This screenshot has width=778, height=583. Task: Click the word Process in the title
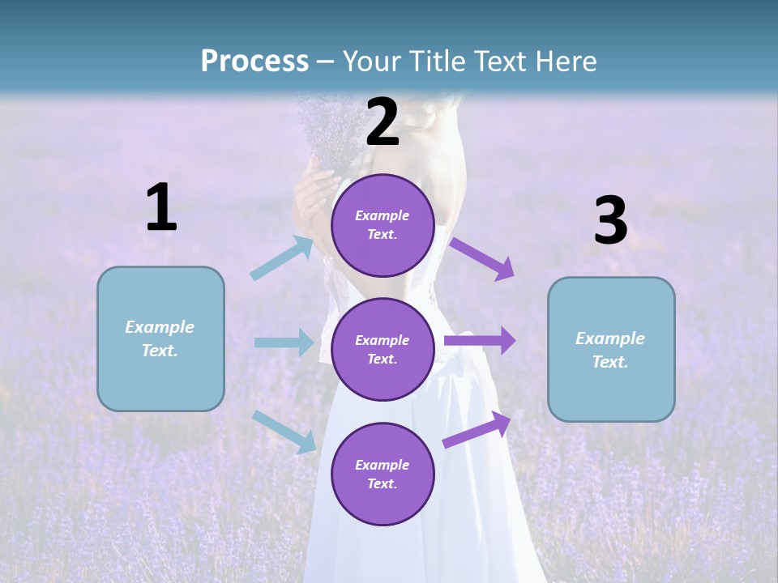254,61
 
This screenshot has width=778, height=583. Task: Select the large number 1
161,208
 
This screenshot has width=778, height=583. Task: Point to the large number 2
383,122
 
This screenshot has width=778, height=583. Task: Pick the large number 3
610,221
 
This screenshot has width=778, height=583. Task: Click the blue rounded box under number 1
160,338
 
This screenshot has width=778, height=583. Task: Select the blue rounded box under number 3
611,349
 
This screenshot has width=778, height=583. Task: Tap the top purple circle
383,225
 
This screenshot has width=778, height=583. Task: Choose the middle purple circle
383,349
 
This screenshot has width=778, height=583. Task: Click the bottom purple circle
383,474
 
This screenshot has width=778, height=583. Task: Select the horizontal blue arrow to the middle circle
284,343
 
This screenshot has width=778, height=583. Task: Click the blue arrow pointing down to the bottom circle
284,431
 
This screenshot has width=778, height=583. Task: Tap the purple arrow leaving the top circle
482,258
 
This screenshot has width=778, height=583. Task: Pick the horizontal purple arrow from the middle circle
480,341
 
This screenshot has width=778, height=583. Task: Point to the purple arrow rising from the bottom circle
477,429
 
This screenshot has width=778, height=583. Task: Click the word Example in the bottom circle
383,465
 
